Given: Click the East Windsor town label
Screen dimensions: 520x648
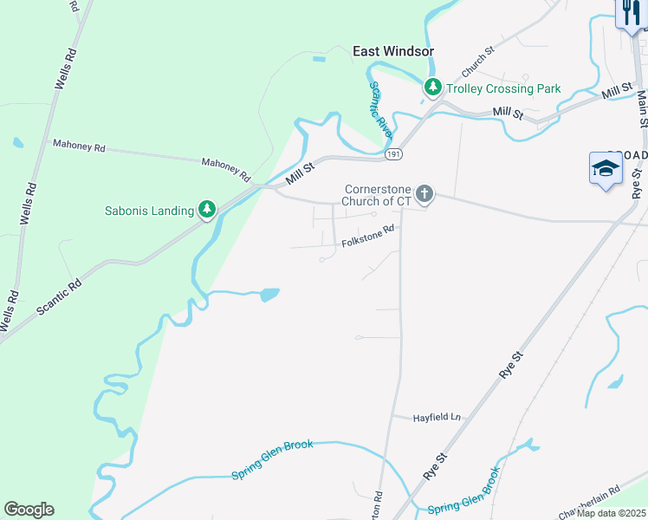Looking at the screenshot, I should click(x=392, y=51).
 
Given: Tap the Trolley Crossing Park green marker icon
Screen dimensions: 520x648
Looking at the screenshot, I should click(x=432, y=88).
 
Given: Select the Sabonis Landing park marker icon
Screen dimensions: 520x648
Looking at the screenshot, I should click(x=206, y=210).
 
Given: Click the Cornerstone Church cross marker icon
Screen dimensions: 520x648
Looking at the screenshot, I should click(x=424, y=193).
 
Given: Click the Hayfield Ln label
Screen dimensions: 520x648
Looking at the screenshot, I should click(x=436, y=417).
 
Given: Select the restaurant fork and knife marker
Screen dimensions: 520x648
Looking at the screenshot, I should click(x=630, y=12).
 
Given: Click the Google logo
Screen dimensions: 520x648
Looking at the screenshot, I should click(x=29, y=510).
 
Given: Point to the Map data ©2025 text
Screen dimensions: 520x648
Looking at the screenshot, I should click(x=612, y=513).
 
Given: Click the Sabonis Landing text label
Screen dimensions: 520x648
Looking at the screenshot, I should click(x=149, y=210).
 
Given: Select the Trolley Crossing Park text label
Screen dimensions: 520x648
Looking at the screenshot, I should click(x=503, y=88).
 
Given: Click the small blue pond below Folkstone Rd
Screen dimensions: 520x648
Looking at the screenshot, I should click(x=269, y=295).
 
